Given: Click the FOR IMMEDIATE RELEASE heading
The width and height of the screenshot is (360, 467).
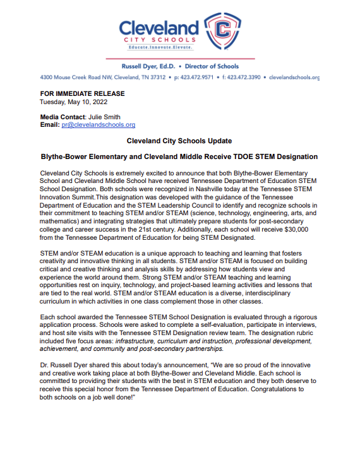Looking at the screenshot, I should tap(82, 94).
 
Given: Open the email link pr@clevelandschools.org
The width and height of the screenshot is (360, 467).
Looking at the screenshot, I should tap(98, 125).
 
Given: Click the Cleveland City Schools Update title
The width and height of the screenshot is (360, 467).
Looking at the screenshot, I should tap(179, 141).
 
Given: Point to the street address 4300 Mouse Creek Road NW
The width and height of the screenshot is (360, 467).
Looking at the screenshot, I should tap(75, 77).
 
